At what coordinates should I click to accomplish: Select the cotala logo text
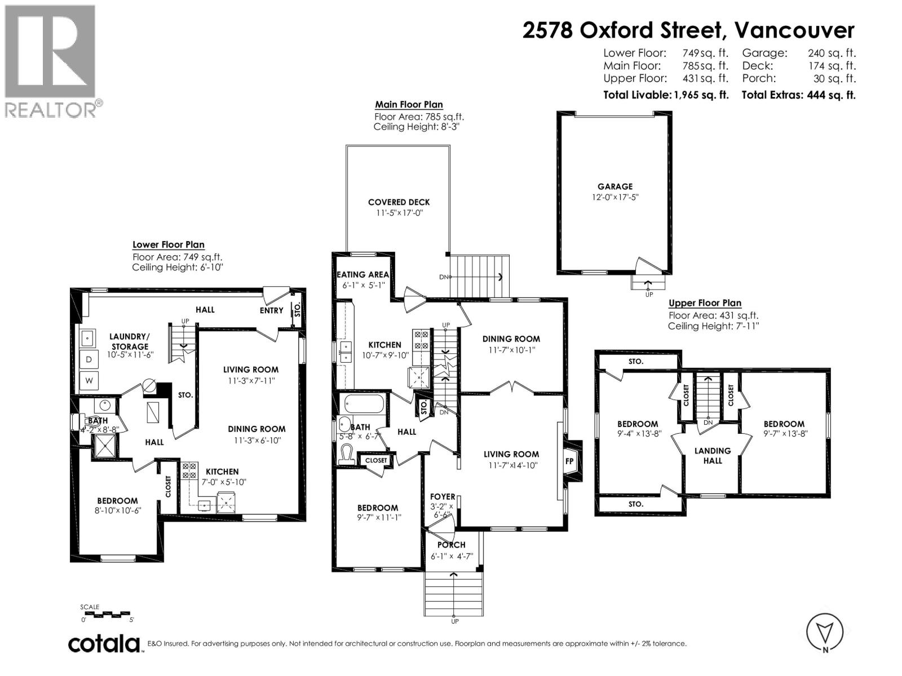point(104,644)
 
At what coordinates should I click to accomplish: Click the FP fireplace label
point(569,461)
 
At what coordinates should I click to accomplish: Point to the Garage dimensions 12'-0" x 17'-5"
point(615,197)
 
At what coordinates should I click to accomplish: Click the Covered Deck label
point(399,202)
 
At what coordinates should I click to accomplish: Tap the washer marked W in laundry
point(89,381)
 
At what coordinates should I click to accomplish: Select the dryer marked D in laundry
point(89,359)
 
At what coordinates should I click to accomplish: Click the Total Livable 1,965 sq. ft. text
point(665,95)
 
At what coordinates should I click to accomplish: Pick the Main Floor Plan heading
point(409,104)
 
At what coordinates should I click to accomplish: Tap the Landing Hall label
point(713,455)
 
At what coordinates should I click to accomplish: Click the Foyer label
point(443,497)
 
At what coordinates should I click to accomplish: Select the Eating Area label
point(362,274)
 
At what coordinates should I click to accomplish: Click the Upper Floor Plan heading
point(705,303)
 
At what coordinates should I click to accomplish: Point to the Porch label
point(452,545)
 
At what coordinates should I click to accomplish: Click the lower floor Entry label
point(271,310)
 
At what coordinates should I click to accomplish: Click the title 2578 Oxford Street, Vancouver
point(688,30)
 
